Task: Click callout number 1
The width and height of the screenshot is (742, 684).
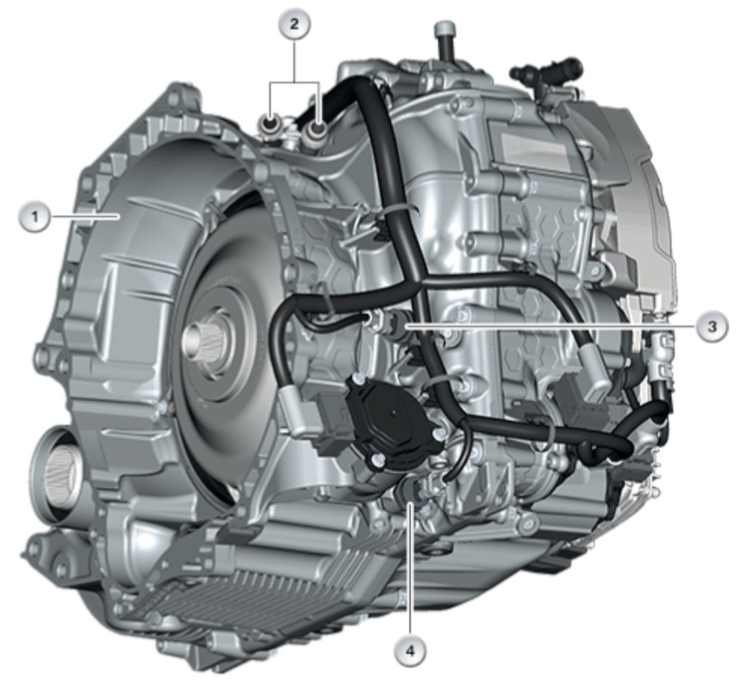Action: click(34, 217)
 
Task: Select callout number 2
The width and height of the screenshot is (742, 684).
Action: click(294, 25)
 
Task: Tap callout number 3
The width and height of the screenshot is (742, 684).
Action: click(712, 326)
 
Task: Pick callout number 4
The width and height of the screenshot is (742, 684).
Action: click(409, 651)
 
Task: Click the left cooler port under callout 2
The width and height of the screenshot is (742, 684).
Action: click(270, 124)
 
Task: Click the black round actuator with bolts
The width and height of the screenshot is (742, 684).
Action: click(393, 416)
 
